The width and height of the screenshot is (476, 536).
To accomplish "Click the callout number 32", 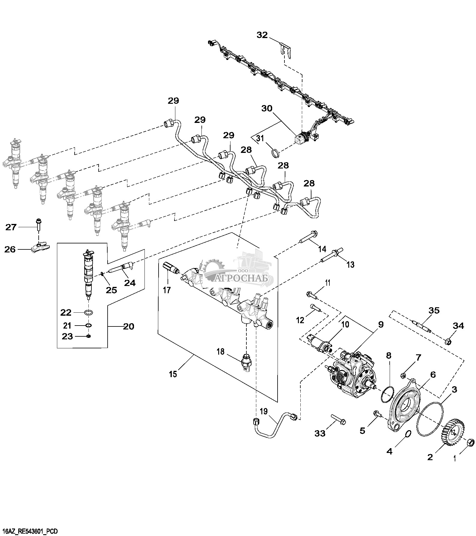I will [262, 35].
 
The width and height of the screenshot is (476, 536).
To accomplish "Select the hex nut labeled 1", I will [470, 442].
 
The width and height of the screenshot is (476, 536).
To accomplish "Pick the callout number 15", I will [173, 374].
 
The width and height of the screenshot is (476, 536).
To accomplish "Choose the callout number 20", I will [129, 326].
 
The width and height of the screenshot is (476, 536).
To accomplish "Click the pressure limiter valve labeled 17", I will [170, 267].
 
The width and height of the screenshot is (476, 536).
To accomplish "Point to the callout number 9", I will [380, 325].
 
